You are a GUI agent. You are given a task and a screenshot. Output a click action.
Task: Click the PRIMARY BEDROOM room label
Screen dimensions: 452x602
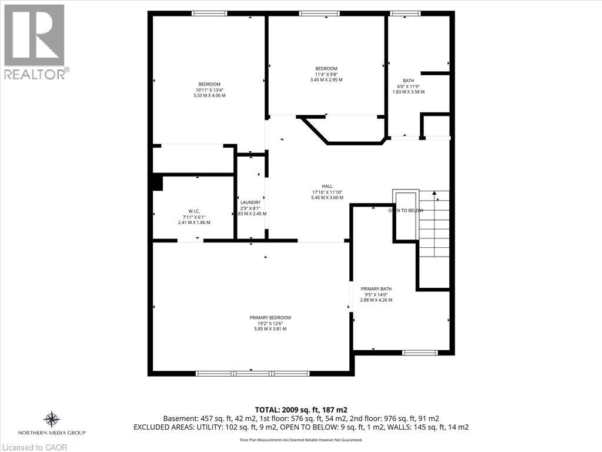[270, 317]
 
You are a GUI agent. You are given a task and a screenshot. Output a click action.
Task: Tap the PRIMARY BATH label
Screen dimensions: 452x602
[376, 288]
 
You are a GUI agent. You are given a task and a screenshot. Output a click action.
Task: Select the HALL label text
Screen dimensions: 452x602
[327, 186]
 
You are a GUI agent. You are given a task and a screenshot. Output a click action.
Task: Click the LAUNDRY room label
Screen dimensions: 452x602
[250, 202]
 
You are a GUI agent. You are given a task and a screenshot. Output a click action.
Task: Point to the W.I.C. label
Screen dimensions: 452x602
[194, 211]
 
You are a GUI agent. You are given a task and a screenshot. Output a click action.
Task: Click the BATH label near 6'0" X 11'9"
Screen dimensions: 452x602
[408, 81]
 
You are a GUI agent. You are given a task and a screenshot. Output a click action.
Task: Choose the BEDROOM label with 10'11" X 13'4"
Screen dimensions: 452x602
[209, 84]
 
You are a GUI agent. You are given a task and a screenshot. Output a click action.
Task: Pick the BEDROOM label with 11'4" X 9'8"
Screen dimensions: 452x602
[326, 68]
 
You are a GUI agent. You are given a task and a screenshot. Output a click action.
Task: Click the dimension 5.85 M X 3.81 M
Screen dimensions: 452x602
[270, 328]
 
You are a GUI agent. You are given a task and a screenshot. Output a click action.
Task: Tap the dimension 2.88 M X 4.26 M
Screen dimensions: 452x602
[376, 300]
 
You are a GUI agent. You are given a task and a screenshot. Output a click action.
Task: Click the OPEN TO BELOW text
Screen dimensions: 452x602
[405, 210]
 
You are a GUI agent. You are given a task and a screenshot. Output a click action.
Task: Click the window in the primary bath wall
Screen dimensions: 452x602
[420, 353]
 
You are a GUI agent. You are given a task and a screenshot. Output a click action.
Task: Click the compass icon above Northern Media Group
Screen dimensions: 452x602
[52, 418]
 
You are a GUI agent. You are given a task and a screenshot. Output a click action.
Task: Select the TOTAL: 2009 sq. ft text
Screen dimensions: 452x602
[300, 409]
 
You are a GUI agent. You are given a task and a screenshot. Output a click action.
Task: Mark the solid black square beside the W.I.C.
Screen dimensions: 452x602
[156, 182]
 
